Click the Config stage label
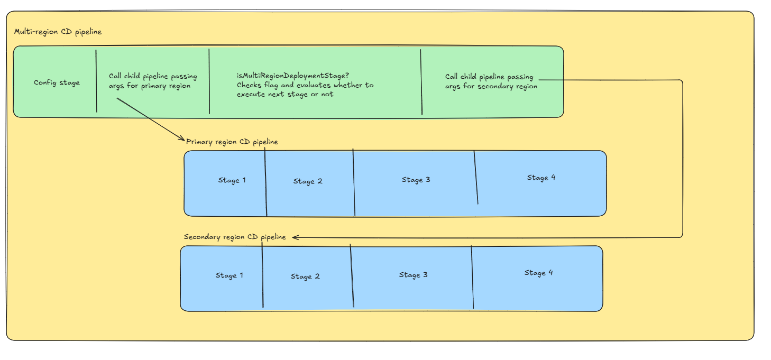pyautogui.click(x=57, y=82)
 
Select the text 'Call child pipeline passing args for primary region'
pyautogui.click(x=150, y=81)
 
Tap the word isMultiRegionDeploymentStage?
pyautogui.click(x=293, y=76)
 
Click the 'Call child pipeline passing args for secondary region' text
pyautogui.click(x=491, y=81)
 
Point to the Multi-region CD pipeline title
pyautogui.click(x=58, y=32)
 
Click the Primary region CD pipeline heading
pyautogui.click(x=232, y=142)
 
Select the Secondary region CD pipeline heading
pyautogui.click(x=235, y=237)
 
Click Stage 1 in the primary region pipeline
pyautogui.click(x=232, y=180)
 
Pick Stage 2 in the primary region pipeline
pyautogui.click(x=307, y=181)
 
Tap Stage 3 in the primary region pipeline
pyautogui.click(x=416, y=180)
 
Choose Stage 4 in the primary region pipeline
pyautogui.click(x=541, y=178)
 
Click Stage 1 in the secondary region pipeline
pyautogui.click(x=229, y=275)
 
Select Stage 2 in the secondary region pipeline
pyautogui.click(x=305, y=276)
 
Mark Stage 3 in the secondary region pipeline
pyautogui.click(x=413, y=275)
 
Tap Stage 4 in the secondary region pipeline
pyautogui.click(x=538, y=273)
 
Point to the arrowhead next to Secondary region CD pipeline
pyautogui.click(x=296, y=237)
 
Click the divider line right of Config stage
pyautogui.click(x=96, y=81)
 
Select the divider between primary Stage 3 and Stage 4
pyautogui.click(x=476, y=178)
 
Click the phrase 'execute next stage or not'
pyautogui.click(x=285, y=95)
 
